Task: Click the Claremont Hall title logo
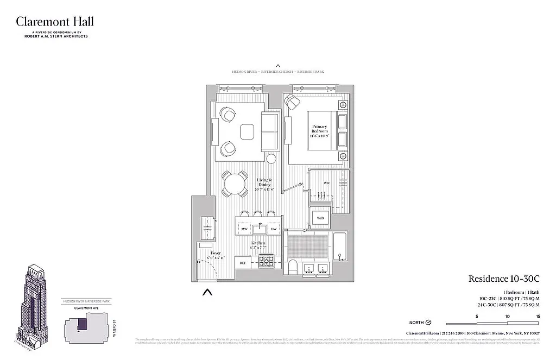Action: pyautogui.click(x=54, y=22)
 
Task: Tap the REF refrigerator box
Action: pyautogui.click(x=243, y=263)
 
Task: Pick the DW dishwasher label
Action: pyautogui.click(x=274, y=230)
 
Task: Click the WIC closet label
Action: pyautogui.click(x=327, y=184)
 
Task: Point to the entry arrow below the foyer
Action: pyautogui.click(x=207, y=293)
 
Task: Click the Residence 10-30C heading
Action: pyautogui.click(x=503, y=279)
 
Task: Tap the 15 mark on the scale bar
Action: pyautogui.click(x=538, y=316)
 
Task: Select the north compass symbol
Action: pyautogui.click(x=427, y=322)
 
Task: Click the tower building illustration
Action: pyautogui.click(x=35, y=299)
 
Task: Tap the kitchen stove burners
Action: pyautogui.click(x=267, y=263)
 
